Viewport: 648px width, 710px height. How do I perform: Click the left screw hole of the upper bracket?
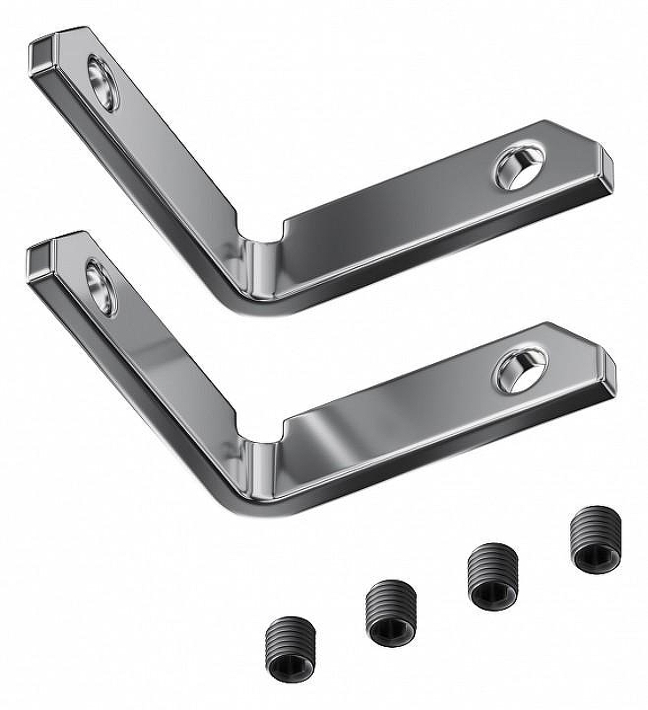103,83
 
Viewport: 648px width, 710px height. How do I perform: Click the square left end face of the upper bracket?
41,58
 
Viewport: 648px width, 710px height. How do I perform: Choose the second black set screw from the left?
389,612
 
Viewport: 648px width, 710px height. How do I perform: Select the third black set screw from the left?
492,576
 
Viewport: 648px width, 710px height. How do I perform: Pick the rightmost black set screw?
592,540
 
